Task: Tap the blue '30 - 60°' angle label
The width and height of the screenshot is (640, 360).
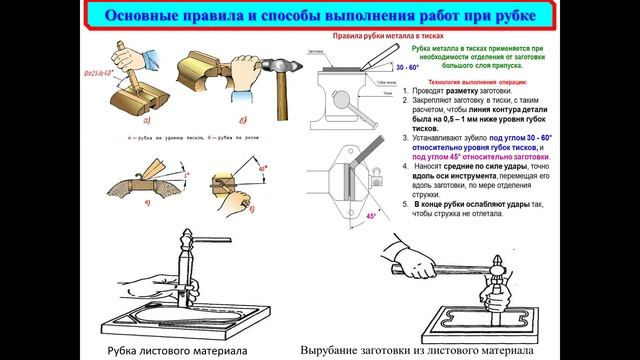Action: pyautogui.click(x=380, y=67)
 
